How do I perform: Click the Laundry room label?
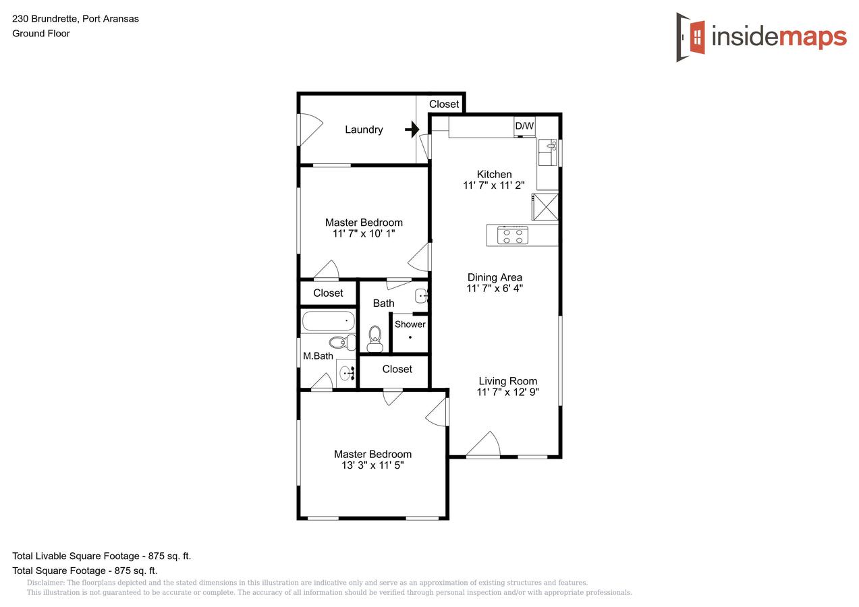[x=364, y=129]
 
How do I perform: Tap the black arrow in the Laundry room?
[x=412, y=129]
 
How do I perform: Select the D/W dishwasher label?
[x=524, y=125]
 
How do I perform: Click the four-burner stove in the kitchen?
[x=512, y=235]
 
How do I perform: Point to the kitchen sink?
[x=548, y=152]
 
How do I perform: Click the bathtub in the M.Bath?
[x=328, y=321]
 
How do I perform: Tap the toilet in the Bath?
[x=375, y=339]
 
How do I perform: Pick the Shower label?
[x=410, y=324]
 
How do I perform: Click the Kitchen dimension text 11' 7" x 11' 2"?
[x=493, y=185]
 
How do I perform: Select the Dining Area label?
[x=495, y=277]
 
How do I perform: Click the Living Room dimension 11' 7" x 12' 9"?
[x=507, y=392]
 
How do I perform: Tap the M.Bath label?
[x=318, y=356]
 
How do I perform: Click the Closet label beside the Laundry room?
[x=444, y=105]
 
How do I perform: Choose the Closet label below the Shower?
[x=397, y=369]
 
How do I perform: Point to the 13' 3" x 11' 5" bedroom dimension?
[x=372, y=465]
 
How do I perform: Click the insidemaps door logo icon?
[x=690, y=37]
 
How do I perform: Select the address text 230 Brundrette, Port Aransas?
[x=76, y=19]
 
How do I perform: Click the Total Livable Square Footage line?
[x=102, y=556]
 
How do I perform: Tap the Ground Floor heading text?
[x=41, y=33]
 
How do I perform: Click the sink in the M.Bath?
[x=346, y=373]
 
